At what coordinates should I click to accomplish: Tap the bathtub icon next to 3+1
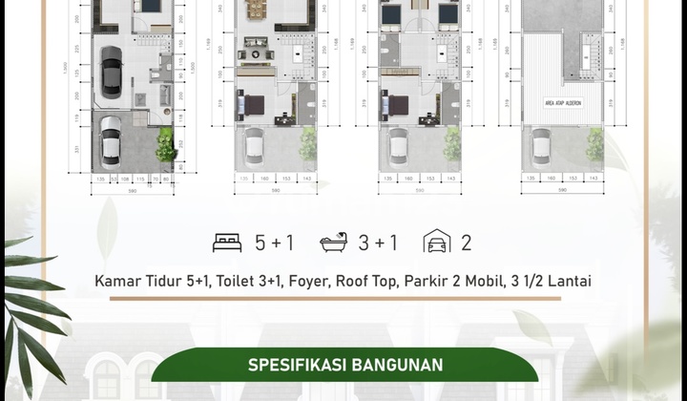335,242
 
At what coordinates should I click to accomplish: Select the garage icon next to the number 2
438,242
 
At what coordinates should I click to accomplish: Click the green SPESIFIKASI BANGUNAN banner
344,365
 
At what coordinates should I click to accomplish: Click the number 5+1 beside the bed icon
275,243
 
